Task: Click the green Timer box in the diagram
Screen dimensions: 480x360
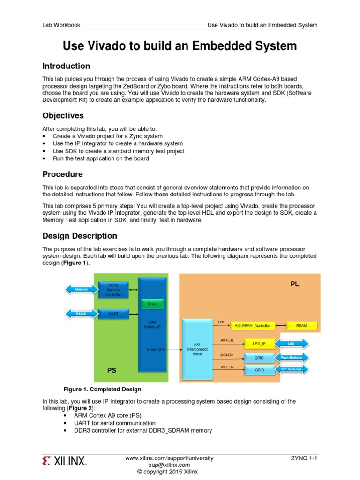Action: pos(152,304)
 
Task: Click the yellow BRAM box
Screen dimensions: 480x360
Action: pos(301,325)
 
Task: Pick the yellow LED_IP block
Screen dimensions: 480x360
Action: pos(259,344)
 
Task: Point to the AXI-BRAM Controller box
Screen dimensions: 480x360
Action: pos(253,325)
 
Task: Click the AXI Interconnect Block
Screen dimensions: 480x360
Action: pos(196,349)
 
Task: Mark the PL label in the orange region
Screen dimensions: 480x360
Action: pos(294,284)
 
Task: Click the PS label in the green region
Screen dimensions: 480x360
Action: pos(112,370)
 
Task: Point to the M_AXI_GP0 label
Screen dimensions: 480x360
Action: pos(155,349)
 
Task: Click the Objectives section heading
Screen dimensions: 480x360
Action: pos(63,115)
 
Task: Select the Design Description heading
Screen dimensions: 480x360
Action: pos(80,236)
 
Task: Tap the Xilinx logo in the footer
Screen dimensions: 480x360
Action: pos(64,462)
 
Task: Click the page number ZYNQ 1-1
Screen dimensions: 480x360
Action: pos(304,458)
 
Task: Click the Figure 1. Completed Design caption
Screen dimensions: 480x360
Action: pos(102,389)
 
